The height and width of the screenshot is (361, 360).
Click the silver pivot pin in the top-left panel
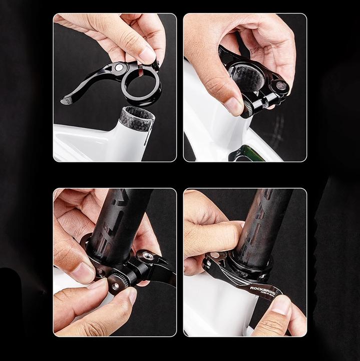[119, 67]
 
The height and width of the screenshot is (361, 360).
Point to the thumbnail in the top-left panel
[147, 54]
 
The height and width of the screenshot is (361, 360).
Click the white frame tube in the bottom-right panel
[215, 311]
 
